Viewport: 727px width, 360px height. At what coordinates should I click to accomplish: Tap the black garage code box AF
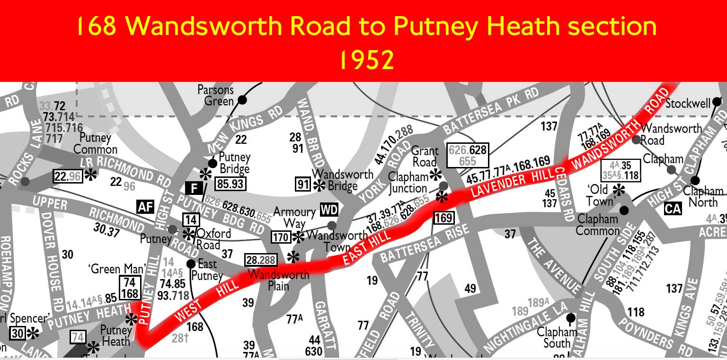pos(146,207)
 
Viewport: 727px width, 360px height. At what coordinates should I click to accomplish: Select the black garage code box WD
pos(329,209)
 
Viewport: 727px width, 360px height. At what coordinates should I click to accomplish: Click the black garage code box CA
pos(673,208)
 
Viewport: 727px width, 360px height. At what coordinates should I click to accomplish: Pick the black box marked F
pos(194,188)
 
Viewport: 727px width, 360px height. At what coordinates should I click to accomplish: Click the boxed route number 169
pos(443,218)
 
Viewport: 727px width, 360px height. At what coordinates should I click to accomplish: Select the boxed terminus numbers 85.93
pos(231,183)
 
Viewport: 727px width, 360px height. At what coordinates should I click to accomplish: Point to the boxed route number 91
pos(302,184)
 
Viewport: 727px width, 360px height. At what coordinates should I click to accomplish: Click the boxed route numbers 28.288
pos(261,260)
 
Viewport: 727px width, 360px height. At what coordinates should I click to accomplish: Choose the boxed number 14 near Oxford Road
pos(191,220)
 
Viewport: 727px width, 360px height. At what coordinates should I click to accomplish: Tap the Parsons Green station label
pos(216,95)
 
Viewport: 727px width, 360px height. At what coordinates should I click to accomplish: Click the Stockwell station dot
pos(717,101)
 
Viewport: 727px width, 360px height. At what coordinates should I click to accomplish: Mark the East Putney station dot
pos(191,263)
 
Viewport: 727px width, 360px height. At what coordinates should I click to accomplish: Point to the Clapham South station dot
pos(571,317)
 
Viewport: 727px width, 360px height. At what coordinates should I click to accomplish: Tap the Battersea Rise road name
pos(425,243)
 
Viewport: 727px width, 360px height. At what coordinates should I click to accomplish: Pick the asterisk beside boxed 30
pos(33,334)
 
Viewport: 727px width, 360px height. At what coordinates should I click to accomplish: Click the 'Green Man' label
pos(110,269)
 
